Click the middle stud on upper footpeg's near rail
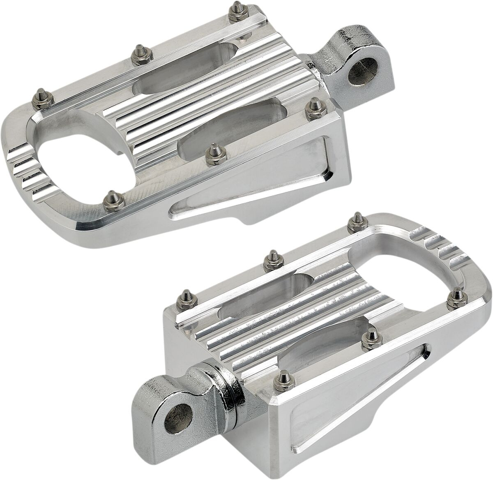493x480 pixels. [213, 150]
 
